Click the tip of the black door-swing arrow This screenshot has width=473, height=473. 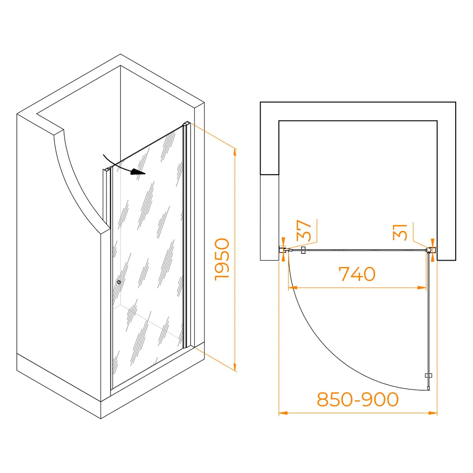[146, 174]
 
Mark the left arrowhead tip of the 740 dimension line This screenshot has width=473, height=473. [289, 288]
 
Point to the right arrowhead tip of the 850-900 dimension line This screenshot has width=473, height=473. [437, 413]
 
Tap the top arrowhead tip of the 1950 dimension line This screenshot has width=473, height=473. [235, 149]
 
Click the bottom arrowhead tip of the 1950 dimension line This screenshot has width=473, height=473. [235, 371]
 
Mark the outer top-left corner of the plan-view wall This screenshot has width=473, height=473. [260, 102]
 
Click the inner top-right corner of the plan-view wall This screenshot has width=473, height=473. [437, 121]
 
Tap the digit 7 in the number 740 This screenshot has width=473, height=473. [344, 274]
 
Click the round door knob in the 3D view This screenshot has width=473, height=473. [119, 282]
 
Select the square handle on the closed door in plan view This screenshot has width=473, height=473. [303, 250]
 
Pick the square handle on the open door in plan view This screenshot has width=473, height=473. [428, 375]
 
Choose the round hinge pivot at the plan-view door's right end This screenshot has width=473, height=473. [428, 250]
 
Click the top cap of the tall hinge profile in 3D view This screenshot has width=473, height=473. [186, 123]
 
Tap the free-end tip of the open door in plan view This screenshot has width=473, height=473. [428, 389]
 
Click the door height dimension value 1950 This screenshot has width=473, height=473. [222, 259]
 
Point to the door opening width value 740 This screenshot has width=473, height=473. [357, 274]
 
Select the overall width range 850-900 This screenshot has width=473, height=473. [357, 399]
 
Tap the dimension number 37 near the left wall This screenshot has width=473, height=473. [303, 231]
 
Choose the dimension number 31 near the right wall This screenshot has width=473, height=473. [400, 232]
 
